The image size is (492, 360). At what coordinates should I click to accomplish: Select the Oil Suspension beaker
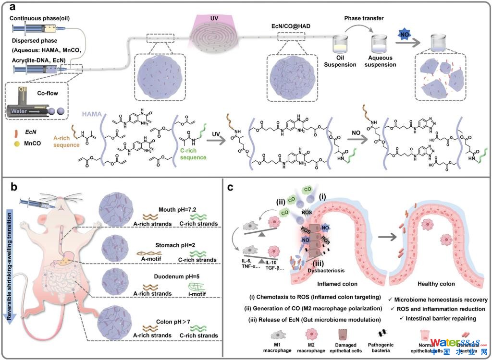(x=341, y=49)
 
